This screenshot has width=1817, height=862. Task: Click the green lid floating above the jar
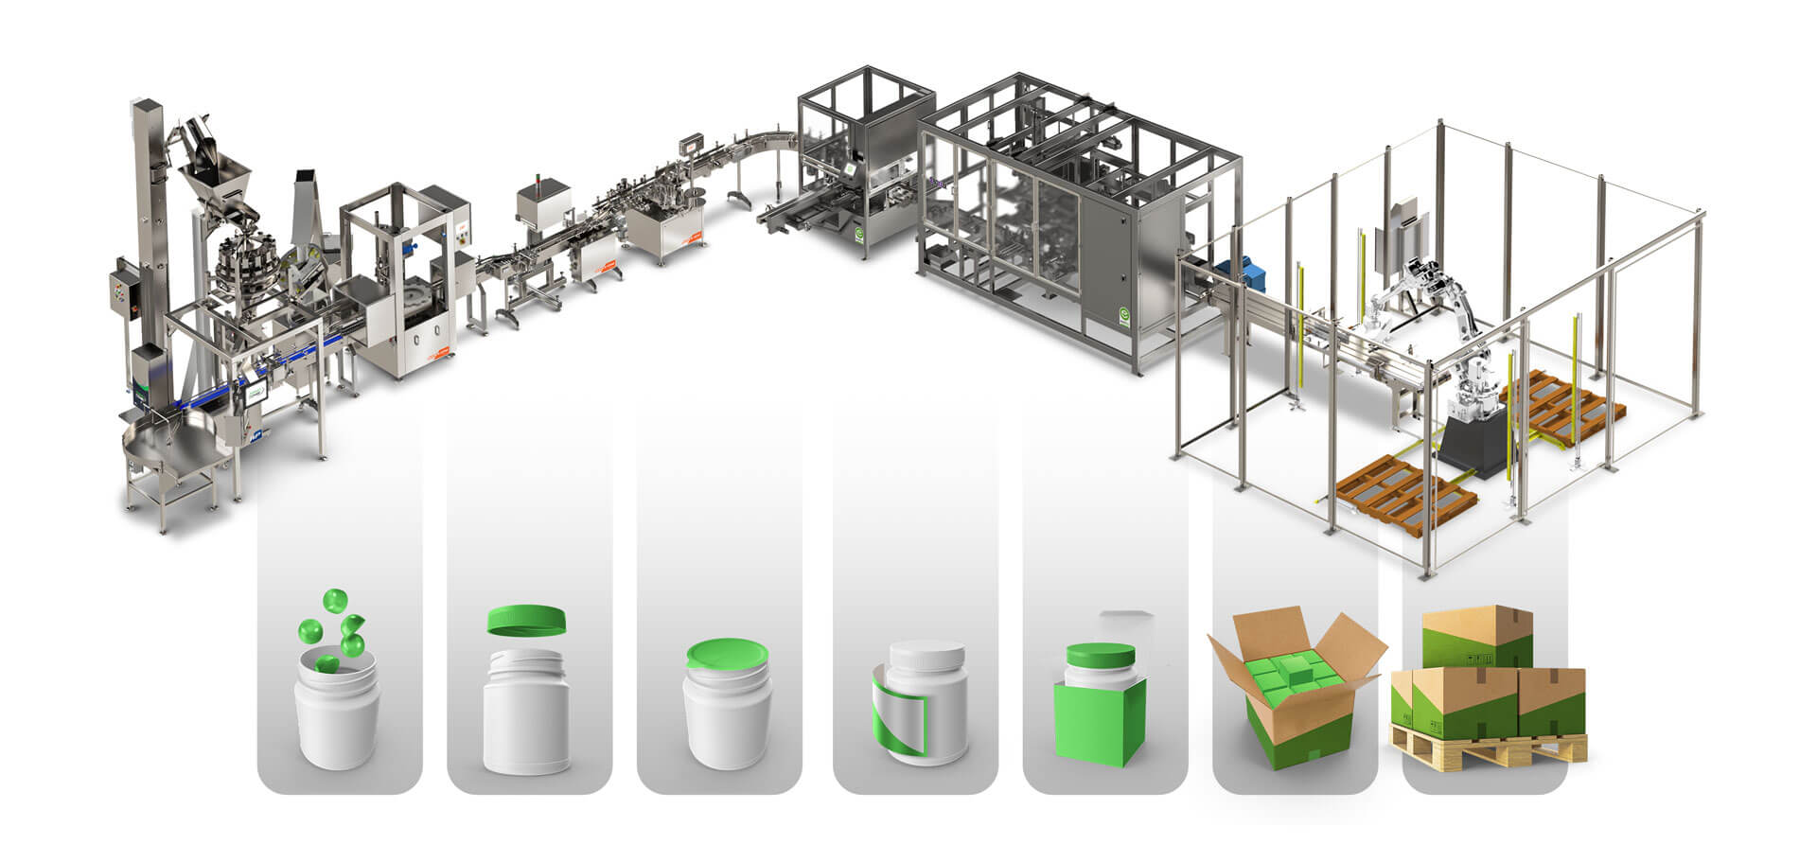(527, 621)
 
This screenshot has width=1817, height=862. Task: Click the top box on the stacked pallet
(1476, 637)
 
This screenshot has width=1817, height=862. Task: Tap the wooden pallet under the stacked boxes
(1486, 748)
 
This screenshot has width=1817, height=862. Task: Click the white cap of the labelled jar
(927, 655)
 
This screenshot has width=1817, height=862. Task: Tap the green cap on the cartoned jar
(1100, 655)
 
